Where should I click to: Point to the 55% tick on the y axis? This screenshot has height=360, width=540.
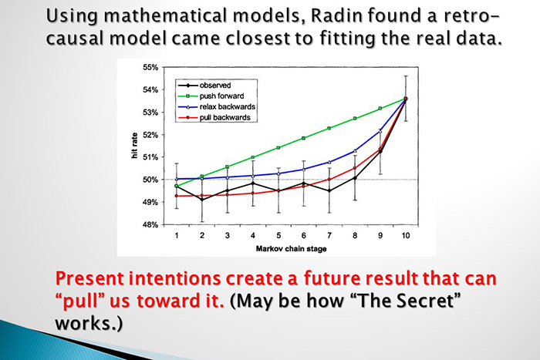[150, 68]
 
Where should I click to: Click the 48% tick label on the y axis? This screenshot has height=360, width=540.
[150, 225]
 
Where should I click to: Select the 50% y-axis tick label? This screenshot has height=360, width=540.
[150, 180]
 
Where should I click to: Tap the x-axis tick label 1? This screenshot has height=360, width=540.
[177, 235]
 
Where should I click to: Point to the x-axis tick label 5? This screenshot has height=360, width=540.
[278, 235]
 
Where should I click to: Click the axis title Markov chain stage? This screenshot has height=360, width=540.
[291, 248]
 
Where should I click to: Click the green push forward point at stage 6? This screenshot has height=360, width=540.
[303, 138]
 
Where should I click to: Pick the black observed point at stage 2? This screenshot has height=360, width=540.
[202, 200]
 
